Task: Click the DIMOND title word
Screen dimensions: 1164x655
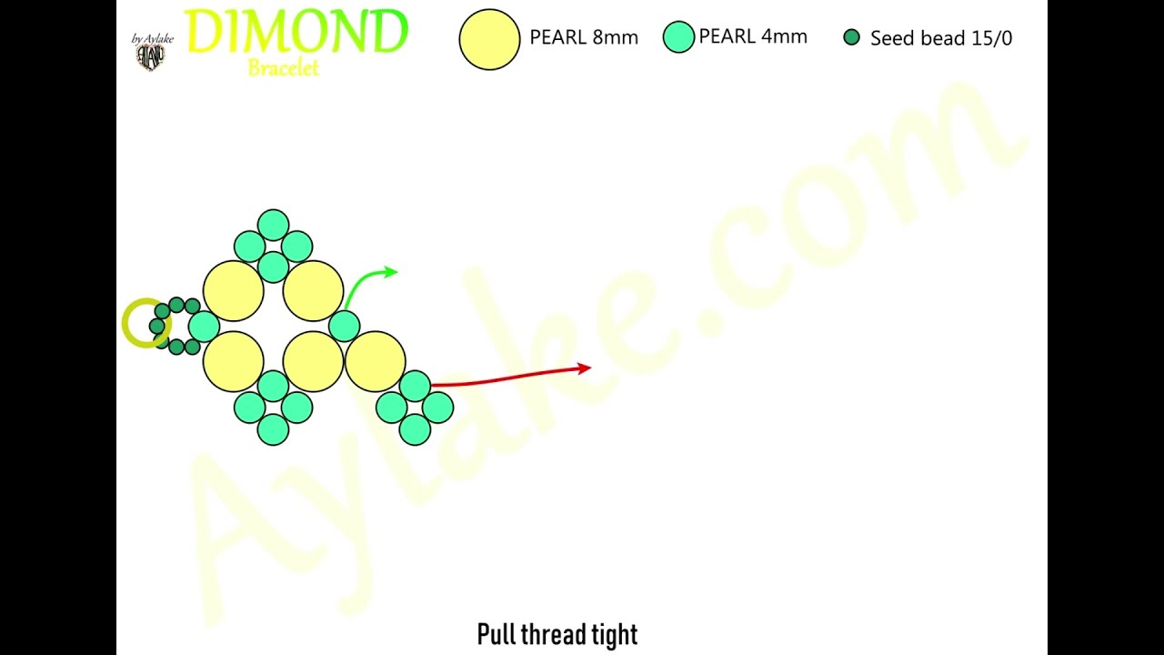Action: [296, 31]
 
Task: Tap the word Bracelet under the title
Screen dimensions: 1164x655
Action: [283, 68]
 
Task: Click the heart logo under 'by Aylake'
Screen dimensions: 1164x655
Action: [151, 56]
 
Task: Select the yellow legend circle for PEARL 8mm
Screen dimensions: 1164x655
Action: [489, 39]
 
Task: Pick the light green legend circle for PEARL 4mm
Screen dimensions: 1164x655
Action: [678, 37]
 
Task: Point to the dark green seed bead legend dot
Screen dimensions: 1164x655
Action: [852, 37]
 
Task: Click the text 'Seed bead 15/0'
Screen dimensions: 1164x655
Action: [941, 38]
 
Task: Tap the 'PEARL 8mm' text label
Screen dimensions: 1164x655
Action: [584, 37]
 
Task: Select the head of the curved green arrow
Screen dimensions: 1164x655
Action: [391, 271]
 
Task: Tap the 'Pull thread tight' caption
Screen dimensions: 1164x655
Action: [557, 634]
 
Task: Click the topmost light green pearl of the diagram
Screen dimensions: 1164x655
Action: [274, 225]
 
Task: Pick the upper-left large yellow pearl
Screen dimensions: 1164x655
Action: [234, 291]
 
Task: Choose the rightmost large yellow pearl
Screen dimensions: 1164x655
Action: [376, 361]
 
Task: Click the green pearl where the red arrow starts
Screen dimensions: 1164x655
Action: [415, 387]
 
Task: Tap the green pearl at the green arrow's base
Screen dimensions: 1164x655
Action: [344, 326]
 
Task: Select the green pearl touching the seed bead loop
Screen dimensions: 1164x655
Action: [205, 327]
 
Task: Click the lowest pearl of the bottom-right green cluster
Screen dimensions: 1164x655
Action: [415, 429]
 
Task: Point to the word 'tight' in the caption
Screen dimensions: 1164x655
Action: [615, 635]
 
